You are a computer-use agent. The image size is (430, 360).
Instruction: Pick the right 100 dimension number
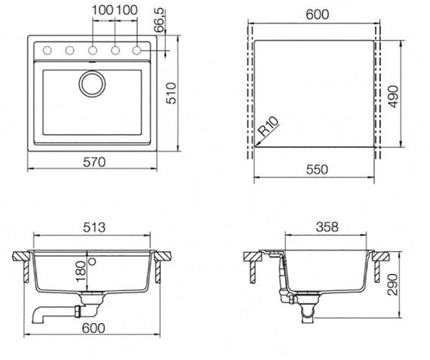pyautogui.click(x=127, y=9)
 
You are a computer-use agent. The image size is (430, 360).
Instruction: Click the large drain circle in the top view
pyautogui.click(x=93, y=83)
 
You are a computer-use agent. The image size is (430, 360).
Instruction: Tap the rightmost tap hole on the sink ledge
pyautogui.click(x=138, y=51)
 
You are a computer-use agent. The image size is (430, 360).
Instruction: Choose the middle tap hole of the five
pyautogui.click(x=92, y=51)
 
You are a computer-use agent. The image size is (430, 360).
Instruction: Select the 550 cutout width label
pyautogui.click(x=316, y=170)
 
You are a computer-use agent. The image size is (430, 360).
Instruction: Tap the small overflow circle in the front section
pyautogui.click(x=92, y=261)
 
